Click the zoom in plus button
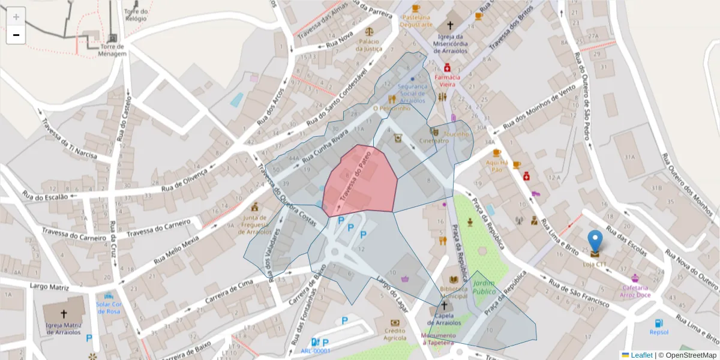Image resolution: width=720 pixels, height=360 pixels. tap(16, 17)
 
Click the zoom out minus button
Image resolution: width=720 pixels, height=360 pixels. tap(16, 35)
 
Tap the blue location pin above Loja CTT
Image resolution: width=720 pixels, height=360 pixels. tap(595, 241)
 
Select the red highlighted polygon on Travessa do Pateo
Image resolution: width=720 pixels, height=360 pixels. tap(360, 180)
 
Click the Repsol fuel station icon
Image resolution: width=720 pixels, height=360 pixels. tap(659, 323)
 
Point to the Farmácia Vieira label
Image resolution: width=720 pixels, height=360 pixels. tap(447, 81)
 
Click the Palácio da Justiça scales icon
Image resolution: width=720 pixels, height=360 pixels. tap(368, 31)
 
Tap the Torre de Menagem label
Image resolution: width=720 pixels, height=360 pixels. tap(113, 50)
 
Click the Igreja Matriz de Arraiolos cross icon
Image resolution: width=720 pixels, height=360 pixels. tap(64, 314)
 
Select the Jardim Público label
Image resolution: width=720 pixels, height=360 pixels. tap(484, 287)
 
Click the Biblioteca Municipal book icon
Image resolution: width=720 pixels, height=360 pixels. tap(454, 280)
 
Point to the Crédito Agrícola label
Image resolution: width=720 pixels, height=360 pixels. tap(395, 334)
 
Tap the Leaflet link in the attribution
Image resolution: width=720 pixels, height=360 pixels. tap(641, 355)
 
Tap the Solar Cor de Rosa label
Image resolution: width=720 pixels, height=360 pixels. tap(109, 307)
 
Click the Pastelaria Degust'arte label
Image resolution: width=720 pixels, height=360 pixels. tap(417, 21)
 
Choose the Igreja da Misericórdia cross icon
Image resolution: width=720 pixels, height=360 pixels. tap(449, 26)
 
